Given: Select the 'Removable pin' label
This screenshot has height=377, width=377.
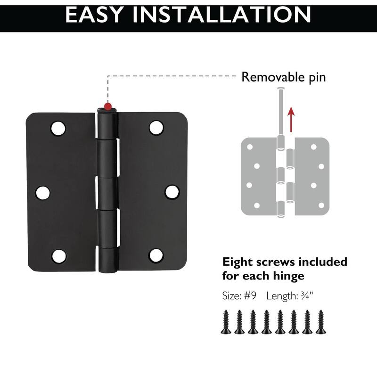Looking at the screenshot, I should pos(283,77).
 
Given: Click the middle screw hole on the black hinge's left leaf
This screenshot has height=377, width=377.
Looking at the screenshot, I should pos(42,192).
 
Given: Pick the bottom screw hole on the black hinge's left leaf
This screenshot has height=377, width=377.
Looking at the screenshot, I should pos(58,256).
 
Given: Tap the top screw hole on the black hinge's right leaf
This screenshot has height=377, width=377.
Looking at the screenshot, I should pos(156,127).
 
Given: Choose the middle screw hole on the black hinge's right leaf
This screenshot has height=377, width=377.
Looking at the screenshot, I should pos(172,192).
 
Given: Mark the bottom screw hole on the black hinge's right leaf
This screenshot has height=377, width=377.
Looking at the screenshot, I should pos(156,255).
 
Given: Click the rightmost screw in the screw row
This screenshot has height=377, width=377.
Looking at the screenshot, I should pos(321,322).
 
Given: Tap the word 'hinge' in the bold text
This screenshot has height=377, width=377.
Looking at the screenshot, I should pos(287,275).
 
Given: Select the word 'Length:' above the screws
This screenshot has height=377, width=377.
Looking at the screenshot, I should pos(281,296).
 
